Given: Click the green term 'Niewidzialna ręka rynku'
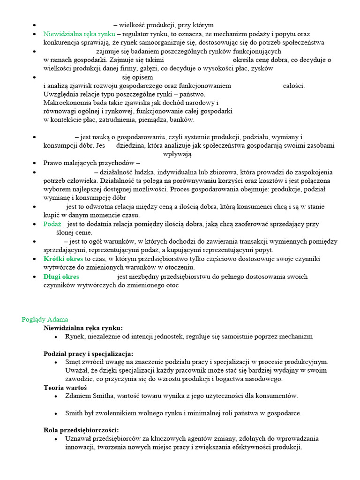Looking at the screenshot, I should point(79,34).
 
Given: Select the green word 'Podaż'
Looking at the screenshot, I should point(52,224).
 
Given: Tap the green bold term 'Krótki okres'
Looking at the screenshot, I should point(63,259).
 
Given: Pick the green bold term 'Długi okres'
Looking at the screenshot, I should point(61,277).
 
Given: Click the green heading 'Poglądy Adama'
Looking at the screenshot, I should point(45,319).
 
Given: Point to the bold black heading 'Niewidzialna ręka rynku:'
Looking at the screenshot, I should point(83,328).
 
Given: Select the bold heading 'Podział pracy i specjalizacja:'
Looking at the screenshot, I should point(89,353).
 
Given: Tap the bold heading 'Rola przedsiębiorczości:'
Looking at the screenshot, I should point(81,430).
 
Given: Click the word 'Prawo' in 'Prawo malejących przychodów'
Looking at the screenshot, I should point(52,163).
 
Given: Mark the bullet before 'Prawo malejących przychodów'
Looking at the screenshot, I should point(35,164).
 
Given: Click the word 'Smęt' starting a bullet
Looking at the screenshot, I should point(73,362).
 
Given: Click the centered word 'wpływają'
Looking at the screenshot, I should point(177,154).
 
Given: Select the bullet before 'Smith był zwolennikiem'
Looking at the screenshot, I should point(56,413).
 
